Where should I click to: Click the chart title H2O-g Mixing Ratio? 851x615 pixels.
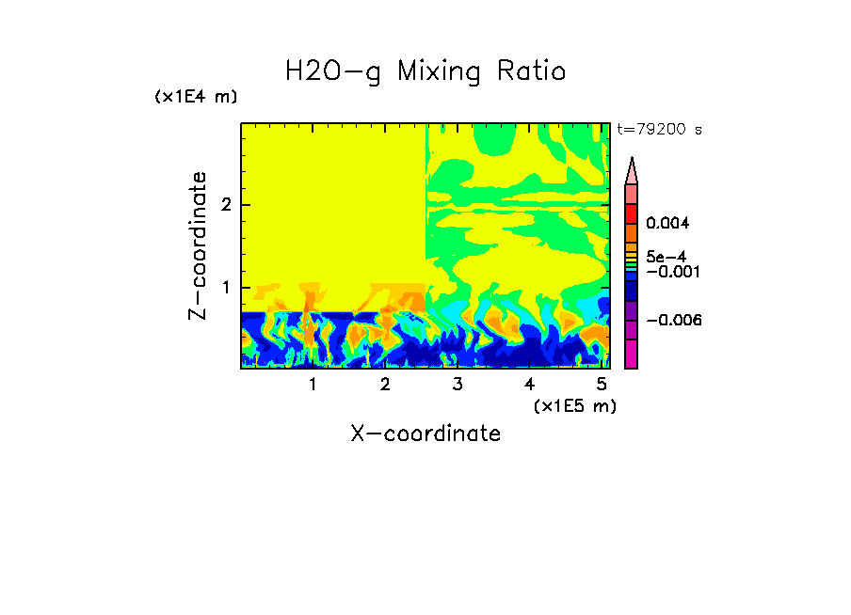425,71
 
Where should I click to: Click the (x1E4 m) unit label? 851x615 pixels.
196,97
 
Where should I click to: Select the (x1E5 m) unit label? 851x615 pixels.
574,405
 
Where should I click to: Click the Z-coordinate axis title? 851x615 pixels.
198,245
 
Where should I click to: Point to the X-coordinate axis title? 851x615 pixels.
425,434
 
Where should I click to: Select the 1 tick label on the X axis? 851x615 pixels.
313,384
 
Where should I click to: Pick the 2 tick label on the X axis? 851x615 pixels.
385,384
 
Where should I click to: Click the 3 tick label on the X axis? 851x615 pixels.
457,384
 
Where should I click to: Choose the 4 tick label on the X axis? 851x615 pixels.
529,384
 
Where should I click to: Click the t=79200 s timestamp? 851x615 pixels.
660,130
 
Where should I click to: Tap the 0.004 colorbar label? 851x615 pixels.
667,224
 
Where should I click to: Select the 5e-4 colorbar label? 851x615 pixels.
666,256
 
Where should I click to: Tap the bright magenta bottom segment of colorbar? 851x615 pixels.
632,354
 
